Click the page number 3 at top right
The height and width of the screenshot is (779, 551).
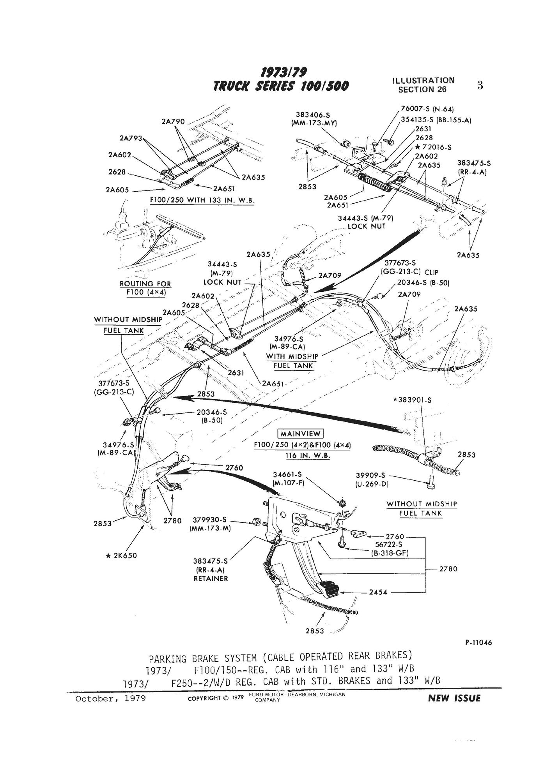click(480, 85)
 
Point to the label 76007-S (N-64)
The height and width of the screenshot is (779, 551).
click(428, 109)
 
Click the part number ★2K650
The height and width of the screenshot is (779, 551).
click(121, 556)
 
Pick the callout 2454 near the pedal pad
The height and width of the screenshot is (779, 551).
click(378, 592)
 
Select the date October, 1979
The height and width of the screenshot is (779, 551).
click(111, 698)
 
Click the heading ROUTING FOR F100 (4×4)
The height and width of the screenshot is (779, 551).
click(145, 288)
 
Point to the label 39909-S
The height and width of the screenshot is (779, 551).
click(370, 475)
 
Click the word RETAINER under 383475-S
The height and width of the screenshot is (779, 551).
click(211, 579)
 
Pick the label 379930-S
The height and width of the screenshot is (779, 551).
click(211, 520)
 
